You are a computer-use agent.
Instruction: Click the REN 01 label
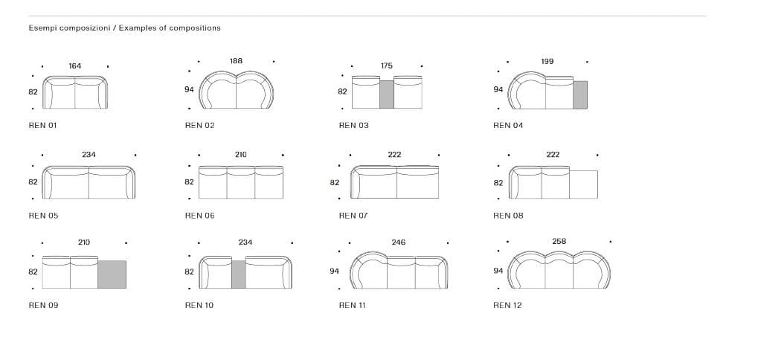tap(42, 125)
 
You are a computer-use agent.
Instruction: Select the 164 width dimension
tap(75, 66)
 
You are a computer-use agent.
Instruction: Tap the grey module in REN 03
tap(387, 94)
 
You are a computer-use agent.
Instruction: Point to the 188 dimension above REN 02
tap(237, 61)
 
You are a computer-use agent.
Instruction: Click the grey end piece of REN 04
tap(580, 94)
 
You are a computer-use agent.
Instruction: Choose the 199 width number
tap(547, 62)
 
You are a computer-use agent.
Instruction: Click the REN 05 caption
tap(43, 216)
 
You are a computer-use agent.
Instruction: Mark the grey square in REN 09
tap(112, 274)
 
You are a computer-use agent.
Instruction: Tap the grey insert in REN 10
tap(239, 274)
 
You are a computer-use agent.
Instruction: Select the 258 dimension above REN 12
tap(559, 241)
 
